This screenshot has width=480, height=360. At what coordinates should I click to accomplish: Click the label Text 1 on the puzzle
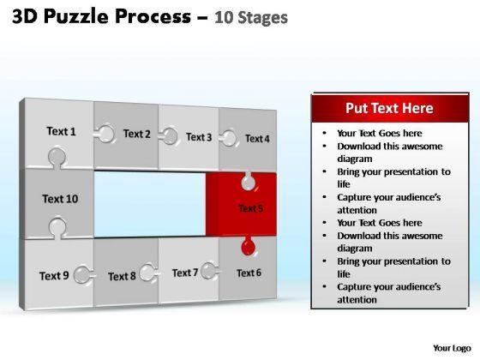pyautogui.click(x=61, y=131)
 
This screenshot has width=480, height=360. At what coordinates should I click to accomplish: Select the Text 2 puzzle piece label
pyautogui.click(x=137, y=134)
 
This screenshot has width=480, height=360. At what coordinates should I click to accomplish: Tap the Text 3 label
pyautogui.click(x=199, y=137)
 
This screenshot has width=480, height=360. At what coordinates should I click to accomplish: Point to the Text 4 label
pyautogui.click(x=257, y=139)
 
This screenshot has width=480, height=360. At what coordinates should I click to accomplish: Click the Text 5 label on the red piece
pyautogui.click(x=250, y=208)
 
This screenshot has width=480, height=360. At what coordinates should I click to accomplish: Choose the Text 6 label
pyautogui.click(x=249, y=273)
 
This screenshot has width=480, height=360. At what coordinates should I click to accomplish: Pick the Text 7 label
pyautogui.click(x=185, y=273)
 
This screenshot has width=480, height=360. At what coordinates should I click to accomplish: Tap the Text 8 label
pyautogui.click(x=122, y=276)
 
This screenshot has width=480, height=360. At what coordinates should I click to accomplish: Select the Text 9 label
pyautogui.click(x=54, y=276)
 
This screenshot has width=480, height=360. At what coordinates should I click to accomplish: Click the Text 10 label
pyautogui.click(x=60, y=199)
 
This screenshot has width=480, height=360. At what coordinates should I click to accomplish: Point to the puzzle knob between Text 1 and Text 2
pyautogui.click(x=105, y=134)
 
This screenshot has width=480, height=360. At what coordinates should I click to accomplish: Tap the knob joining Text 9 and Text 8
pyautogui.click(x=83, y=274)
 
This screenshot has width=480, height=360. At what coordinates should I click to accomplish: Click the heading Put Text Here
pyautogui.click(x=389, y=108)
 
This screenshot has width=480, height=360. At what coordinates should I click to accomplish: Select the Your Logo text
pyautogui.click(x=452, y=348)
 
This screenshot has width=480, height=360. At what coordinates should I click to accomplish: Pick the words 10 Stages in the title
pyautogui.click(x=251, y=17)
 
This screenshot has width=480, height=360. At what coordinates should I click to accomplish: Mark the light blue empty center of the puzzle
pyautogui.click(x=150, y=204)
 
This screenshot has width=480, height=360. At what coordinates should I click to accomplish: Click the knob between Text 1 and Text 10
pyautogui.click(x=57, y=158)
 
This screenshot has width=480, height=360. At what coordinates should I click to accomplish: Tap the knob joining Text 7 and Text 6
pyautogui.click(x=210, y=271)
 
